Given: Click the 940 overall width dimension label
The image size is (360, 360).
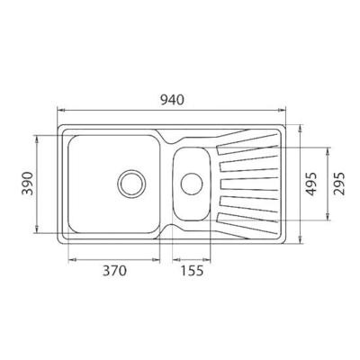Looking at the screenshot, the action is pyautogui.click(x=172, y=100).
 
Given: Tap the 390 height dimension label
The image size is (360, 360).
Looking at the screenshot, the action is pyautogui.click(x=28, y=184).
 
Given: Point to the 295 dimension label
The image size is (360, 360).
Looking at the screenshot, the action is pyautogui.click(x=339, y=184).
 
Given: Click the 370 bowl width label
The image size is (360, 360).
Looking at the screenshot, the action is pyautogui.click(x=114, y=271).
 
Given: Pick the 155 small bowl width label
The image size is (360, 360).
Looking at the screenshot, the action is pyautogui.click(x=192, y=271).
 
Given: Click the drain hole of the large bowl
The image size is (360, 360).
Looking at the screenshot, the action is pyautogui.click(x=131, y=184).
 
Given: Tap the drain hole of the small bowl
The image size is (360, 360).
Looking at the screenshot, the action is pyautogui.click(x=192, y=184).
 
